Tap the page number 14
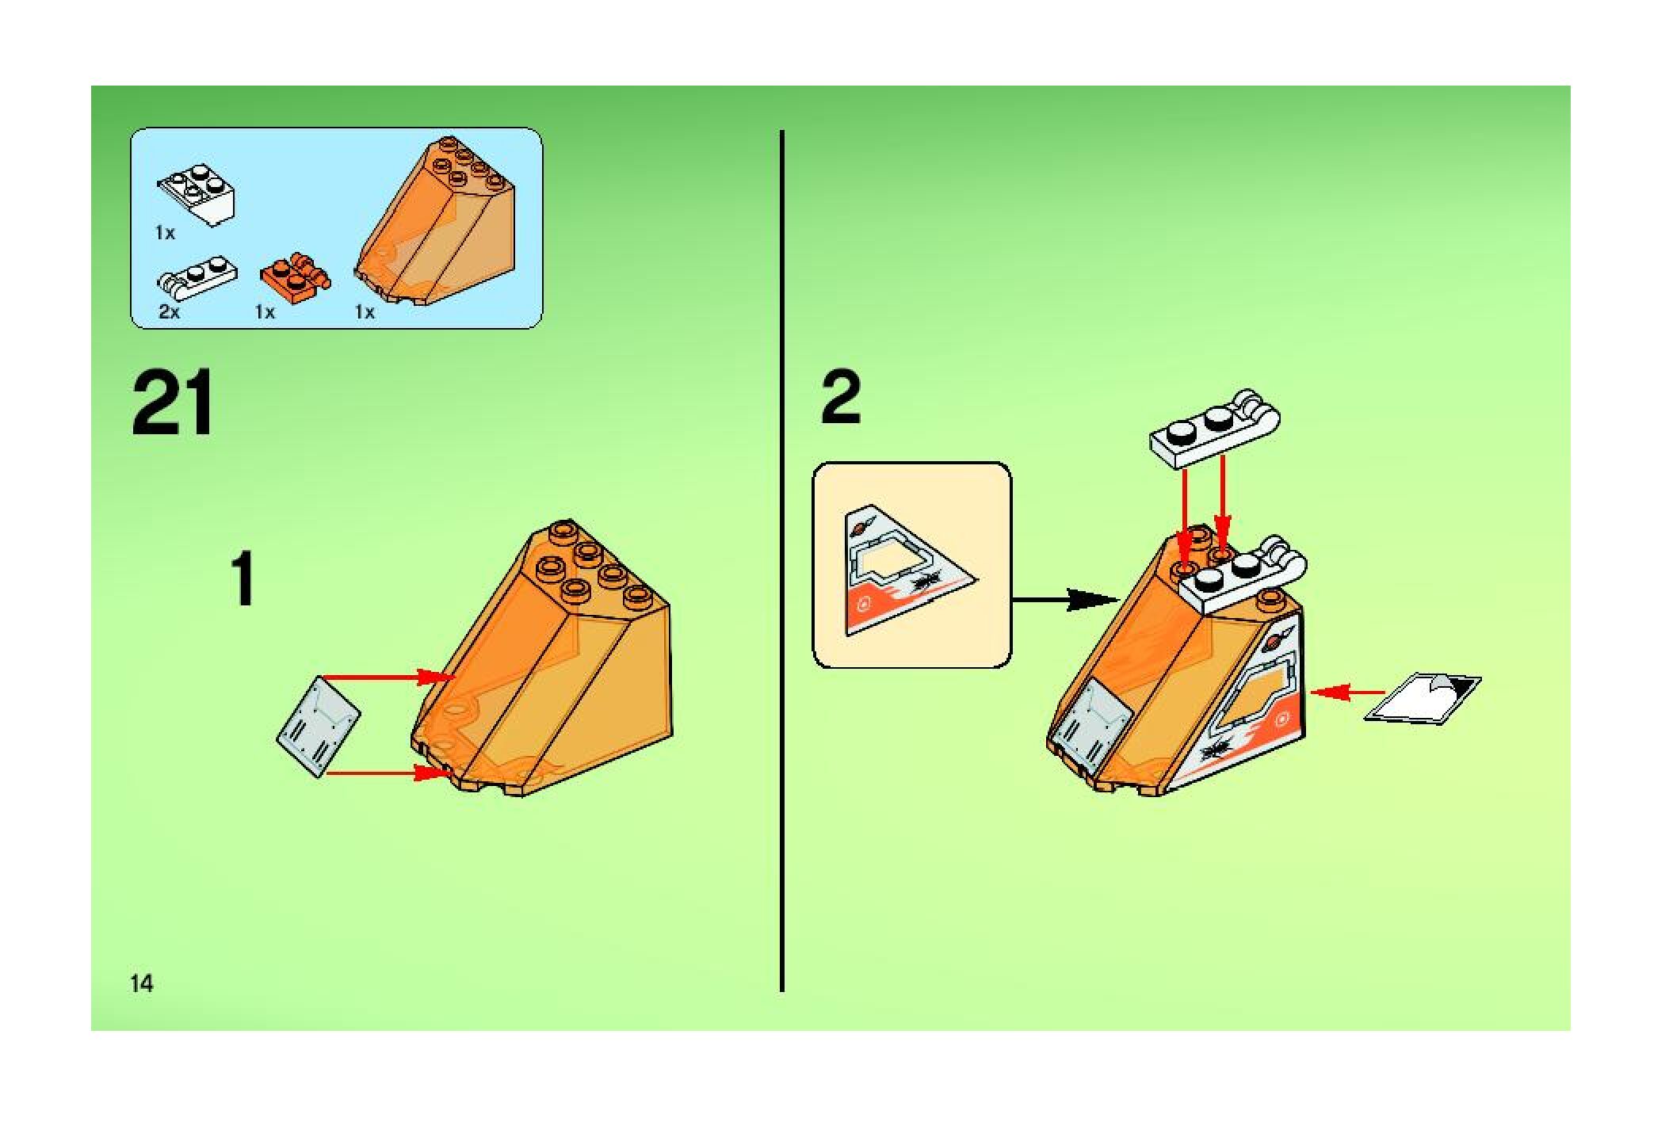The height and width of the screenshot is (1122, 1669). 142,983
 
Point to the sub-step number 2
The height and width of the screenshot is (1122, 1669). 841,399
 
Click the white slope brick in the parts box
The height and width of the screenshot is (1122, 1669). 197,194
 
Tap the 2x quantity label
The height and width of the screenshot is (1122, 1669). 169,312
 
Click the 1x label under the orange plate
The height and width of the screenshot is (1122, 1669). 265,312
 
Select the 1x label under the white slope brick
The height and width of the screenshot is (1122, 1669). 165,233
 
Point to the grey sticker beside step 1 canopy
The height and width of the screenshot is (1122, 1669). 318,725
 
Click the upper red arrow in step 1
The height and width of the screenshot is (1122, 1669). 388,677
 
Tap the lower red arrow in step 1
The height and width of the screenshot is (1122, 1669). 388,773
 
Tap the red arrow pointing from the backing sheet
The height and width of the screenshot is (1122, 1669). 1348,693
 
